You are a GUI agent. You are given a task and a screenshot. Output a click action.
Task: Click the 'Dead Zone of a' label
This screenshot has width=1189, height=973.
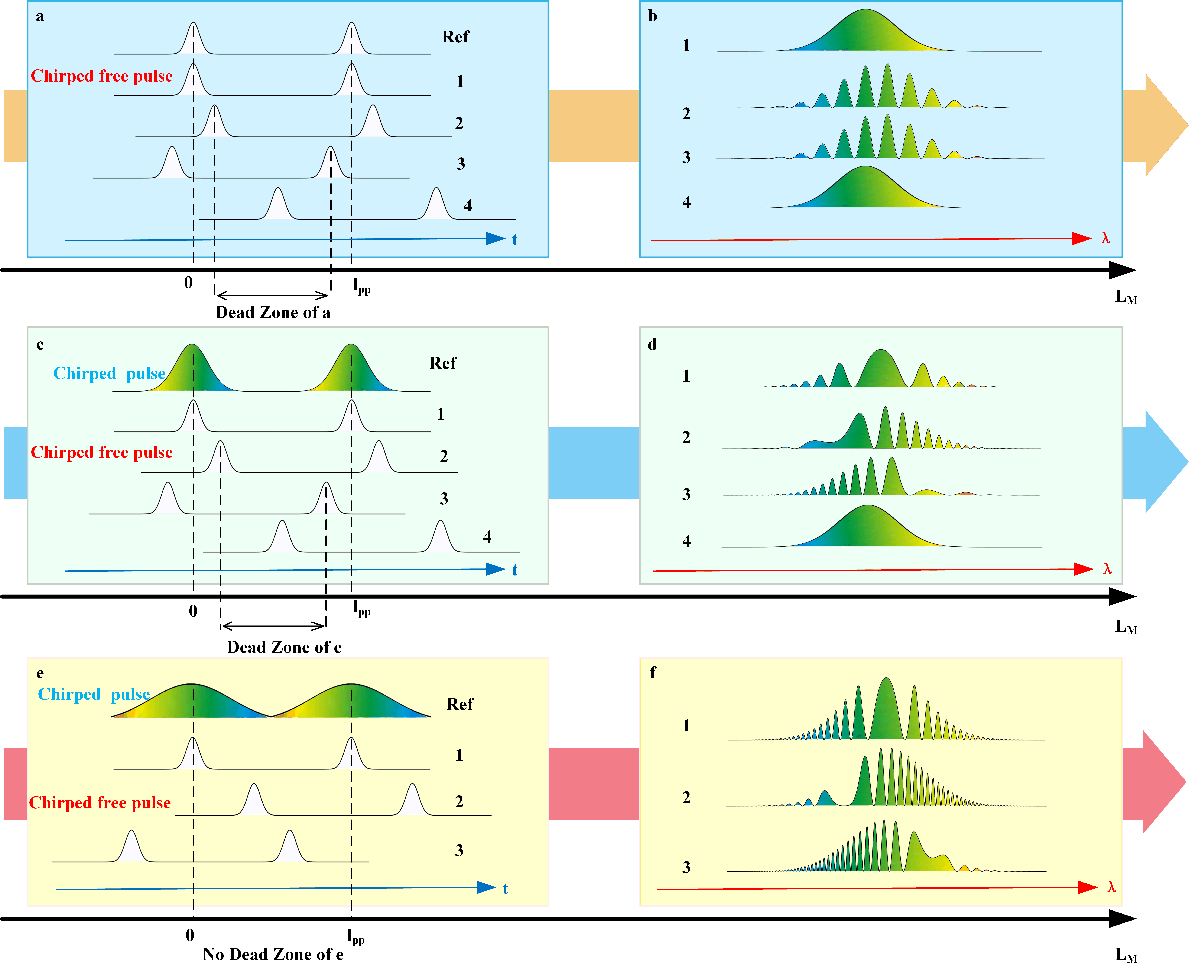point(273,312)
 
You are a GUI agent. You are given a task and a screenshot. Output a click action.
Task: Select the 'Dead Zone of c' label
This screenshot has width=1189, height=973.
point(284,647)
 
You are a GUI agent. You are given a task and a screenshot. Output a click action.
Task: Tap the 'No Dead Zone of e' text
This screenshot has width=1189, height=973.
point(273,954)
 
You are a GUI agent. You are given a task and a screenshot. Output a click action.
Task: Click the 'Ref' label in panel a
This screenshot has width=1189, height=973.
point(455,37)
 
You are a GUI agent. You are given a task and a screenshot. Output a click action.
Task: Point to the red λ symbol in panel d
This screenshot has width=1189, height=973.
point(1107,569)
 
